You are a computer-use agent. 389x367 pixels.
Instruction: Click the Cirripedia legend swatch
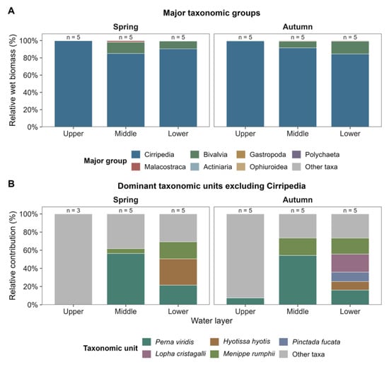point(136,154)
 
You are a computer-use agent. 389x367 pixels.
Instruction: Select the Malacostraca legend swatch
point(136,167)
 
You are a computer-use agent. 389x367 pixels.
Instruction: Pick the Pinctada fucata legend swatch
point(284,342)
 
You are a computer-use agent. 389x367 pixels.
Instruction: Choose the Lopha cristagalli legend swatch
point(146,354)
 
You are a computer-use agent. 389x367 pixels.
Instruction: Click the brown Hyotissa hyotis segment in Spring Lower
point(178,272)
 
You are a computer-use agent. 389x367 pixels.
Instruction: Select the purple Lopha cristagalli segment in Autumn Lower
point(350,263)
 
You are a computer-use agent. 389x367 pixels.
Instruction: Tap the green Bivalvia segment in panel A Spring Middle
point(126,47)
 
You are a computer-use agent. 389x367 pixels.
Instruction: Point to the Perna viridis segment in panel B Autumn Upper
point(245,301)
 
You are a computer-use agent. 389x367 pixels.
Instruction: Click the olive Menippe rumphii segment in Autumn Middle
point(298,247)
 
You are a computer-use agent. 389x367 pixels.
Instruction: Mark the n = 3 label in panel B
point(74,211)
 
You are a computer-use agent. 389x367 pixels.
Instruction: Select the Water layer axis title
point(211,320)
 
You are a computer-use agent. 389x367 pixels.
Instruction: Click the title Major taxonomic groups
point(211,13)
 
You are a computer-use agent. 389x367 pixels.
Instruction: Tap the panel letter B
point(11,184)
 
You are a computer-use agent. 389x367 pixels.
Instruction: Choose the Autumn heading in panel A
point(298,27)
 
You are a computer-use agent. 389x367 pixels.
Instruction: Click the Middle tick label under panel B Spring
point(126,311)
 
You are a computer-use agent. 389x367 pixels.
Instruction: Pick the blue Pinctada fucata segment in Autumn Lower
point(350,276)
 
